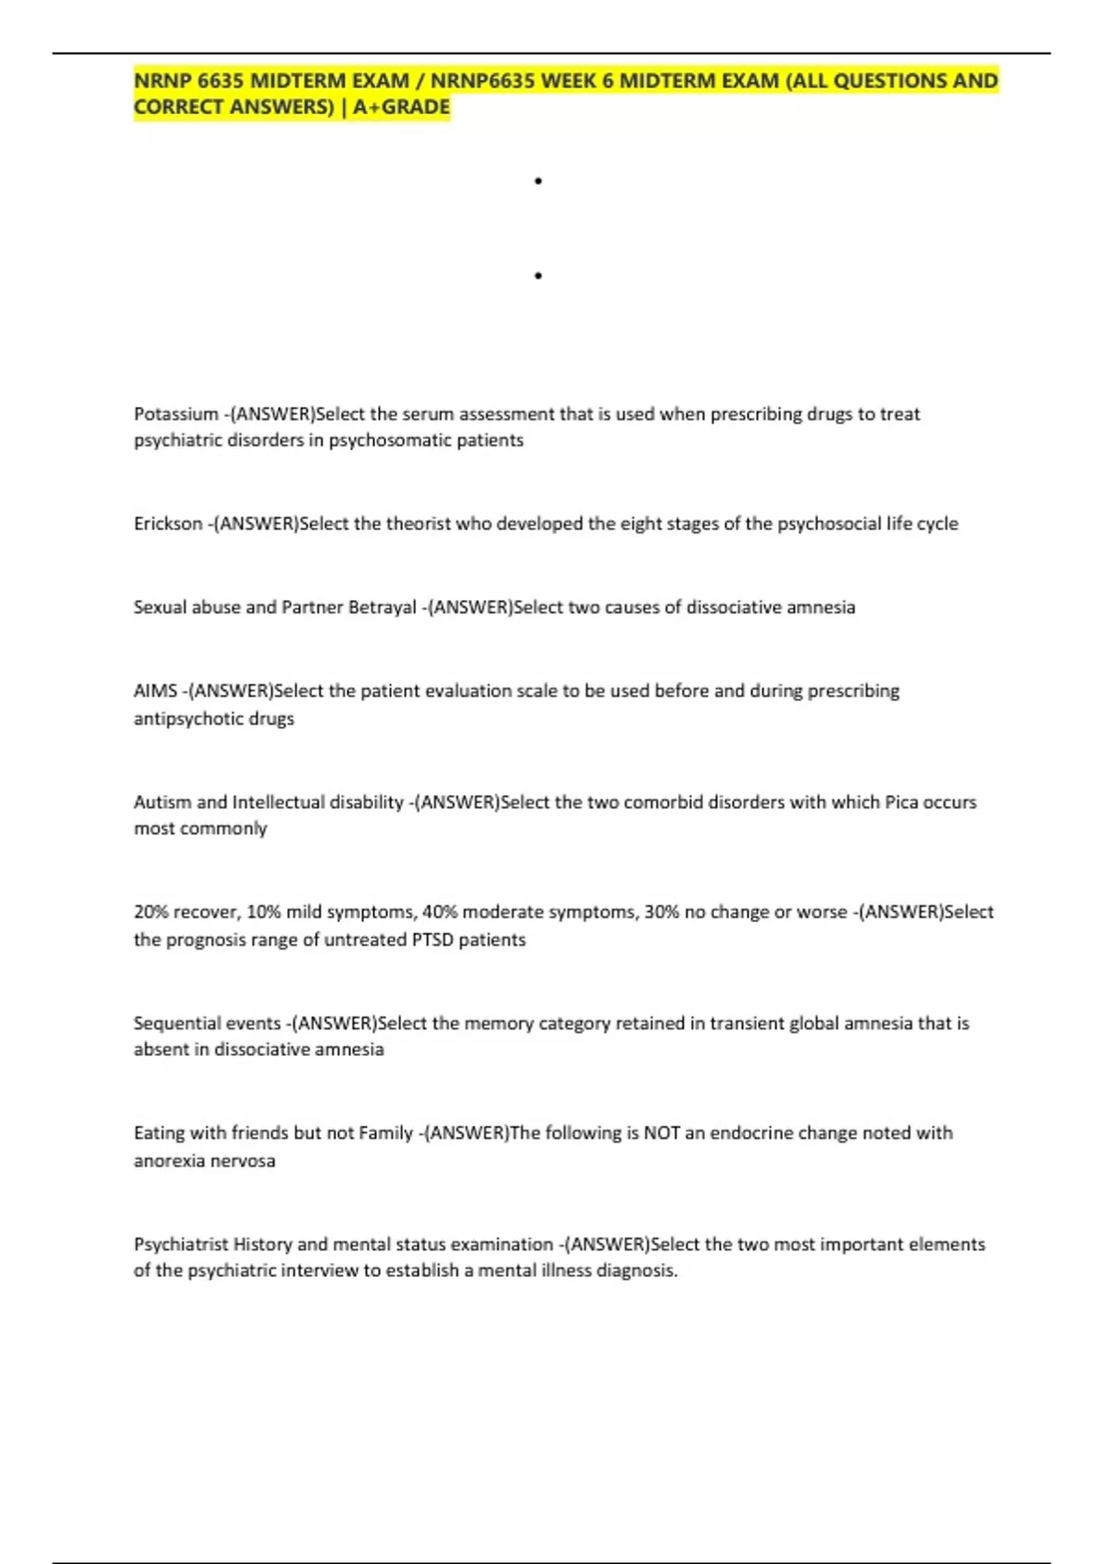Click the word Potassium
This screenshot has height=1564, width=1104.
click(x=176, y=414)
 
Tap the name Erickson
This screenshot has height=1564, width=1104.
click(x=167, y=523)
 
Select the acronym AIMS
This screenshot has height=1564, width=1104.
click(x=155, y=691)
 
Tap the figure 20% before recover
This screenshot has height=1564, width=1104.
click(x=151, y=912)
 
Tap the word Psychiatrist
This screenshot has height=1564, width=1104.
click(x=180, y=1244)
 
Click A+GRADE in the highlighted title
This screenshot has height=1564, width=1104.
click(x=401, y=107)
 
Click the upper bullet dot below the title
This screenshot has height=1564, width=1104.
click(x=537, y=181)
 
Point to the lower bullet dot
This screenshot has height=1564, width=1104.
click(x=537, y=275)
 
